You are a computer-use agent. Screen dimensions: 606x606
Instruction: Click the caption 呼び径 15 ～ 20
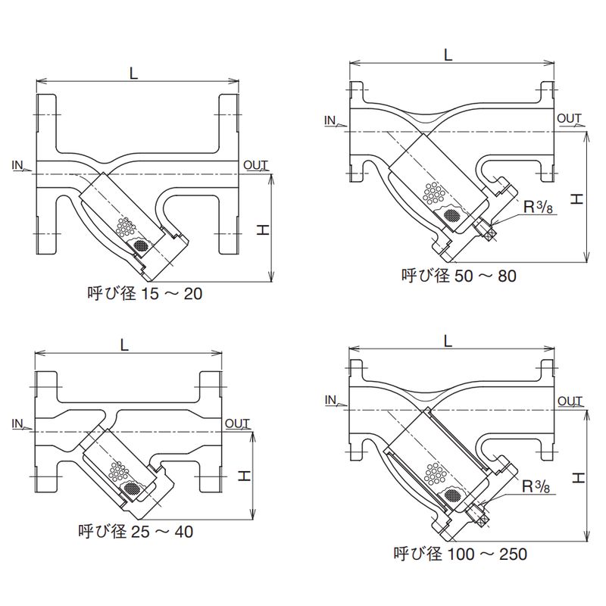point(145,293)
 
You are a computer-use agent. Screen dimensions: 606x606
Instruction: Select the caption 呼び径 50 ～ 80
point(459,276)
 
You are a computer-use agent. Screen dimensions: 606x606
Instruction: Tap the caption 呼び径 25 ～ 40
point(136,532)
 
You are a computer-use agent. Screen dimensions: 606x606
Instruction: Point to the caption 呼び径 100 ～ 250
point(460,554)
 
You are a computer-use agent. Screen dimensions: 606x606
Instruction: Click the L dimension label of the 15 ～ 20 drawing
point(133,73)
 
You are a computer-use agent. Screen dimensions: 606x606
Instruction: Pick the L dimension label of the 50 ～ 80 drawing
point(448,55)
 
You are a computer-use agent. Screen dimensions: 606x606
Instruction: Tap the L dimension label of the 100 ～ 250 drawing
point(448,341)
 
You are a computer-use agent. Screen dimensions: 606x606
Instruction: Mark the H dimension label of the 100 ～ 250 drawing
point(577,477)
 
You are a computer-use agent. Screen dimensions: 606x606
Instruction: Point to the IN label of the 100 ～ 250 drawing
point(330,400)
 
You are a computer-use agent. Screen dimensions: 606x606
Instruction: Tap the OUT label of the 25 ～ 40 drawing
point(237,423)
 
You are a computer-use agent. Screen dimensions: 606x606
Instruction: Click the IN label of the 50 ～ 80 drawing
point(330,120)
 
